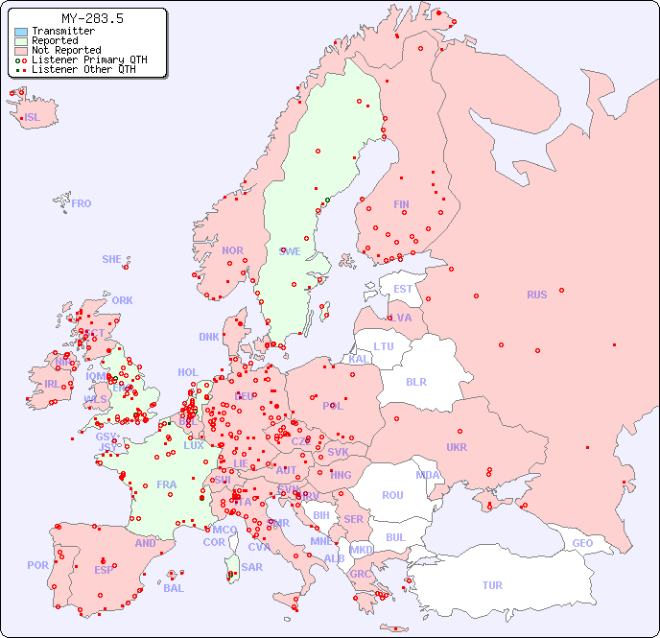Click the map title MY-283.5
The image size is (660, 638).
click(x=92, y=18)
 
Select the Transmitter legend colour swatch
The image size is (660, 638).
click(x=21, y=32)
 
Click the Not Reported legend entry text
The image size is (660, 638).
click(x=66, y=50)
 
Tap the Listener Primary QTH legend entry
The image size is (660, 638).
click(x=89, y=59)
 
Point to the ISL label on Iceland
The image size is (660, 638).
click(x=33, y=118)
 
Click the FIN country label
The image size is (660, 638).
click(x=401, y=204)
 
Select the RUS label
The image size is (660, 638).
click(x=536, y=295)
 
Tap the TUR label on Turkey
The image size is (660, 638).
click(x=492, y=585)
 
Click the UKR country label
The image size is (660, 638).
click(x=457, y=447)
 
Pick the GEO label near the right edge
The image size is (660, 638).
click(x=582, y=543)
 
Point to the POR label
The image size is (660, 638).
click(x=37, y=565)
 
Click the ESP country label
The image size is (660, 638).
click(x=104, y=570)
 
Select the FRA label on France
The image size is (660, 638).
click(x=167, y=484)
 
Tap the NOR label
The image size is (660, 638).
click(x=232, y=250)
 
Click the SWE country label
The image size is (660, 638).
click(x=290, y=251)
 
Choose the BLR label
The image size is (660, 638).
click(x=416, y=381)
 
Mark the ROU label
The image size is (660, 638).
click(x=392, y=495)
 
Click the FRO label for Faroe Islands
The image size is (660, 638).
click(x=82, y=203)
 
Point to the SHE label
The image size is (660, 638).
click(x=112, y=259)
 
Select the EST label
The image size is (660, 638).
click(x=403, y=289)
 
